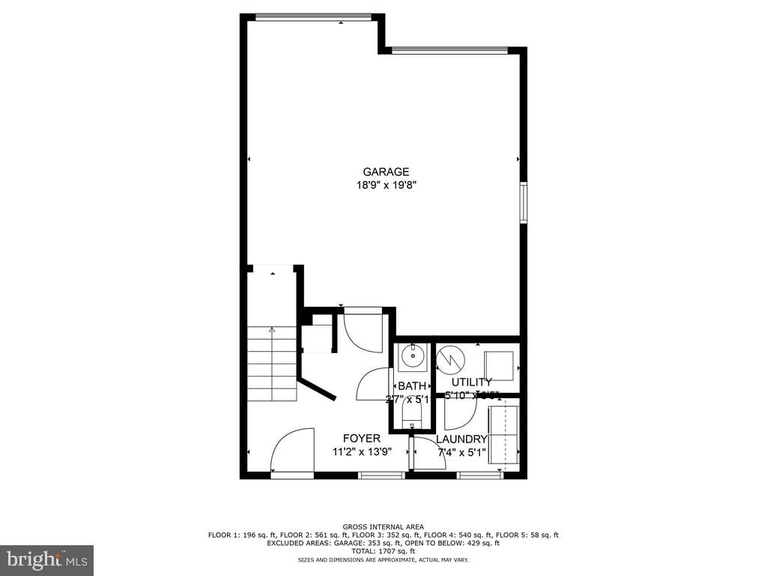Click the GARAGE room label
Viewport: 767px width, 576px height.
coord(386,172)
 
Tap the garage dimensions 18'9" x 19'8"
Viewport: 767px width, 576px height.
coord(386,185)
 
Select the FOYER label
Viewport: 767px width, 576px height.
coord(362,438)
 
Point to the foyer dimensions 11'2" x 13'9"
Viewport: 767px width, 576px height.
coord(363,451)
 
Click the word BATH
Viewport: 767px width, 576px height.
coord(412,385)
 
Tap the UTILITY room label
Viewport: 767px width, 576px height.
coord(472,382)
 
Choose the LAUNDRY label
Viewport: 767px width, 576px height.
coord(461,439)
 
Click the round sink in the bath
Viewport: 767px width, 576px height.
coord(412,356)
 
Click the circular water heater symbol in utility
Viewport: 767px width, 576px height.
coord(451,361)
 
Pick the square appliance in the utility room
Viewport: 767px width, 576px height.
coord(499,365)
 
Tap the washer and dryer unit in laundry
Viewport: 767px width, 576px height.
coord(503,436)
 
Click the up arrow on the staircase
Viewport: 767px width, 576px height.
coord(272,328)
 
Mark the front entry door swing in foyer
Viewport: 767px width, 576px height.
coord(293,451)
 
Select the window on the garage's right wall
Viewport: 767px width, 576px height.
coord(524,202)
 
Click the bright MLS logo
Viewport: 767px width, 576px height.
coord(46,559)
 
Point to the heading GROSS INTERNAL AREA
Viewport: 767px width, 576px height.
coord(383,526)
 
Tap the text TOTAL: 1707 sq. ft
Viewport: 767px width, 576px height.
coord(383,551)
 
